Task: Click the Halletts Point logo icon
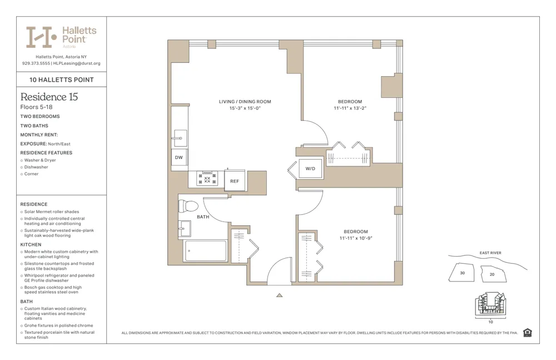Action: coord(42,37)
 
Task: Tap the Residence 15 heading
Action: coord(49,97)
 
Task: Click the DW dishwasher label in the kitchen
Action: coord(178,157)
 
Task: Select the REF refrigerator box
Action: coord(235,181)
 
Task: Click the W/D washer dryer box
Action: coord(310,169)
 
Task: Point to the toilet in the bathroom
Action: coord(188,206)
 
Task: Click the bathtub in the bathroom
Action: coord(205,251)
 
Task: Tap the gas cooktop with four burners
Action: coord(208,178)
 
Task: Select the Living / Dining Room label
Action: coord(245,102)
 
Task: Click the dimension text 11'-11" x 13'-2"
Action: coord(350,109)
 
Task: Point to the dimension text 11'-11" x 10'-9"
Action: coord(355,238)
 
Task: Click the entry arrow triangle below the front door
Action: coord(279,295)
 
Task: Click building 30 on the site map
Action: coord(463,273)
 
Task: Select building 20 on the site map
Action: coord(492,274)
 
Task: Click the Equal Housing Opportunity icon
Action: coord(527,333)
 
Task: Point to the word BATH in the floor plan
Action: coord(203,217)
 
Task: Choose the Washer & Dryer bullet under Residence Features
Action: coord(40,160)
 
